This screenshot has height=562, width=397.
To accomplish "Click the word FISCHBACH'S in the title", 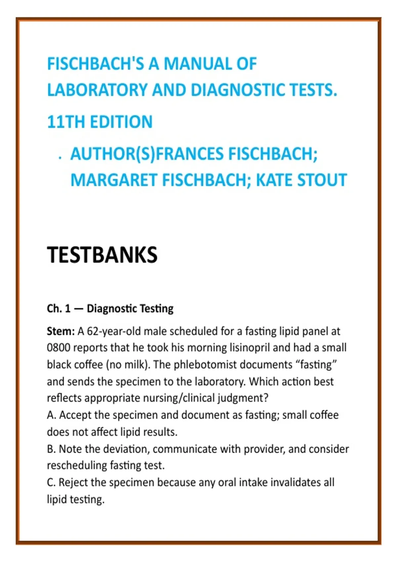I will [x=96, y=64].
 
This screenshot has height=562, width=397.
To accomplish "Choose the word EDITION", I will [x=121, y=122].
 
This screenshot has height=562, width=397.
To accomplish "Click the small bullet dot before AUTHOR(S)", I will [x=60, y=158].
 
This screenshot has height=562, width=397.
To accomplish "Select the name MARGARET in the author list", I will [x=114, y=180].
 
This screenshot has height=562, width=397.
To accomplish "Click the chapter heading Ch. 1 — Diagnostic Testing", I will [x=110, y=308].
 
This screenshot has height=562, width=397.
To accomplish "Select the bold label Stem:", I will [x=61, y=331].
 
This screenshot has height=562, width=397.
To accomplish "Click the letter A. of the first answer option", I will [x=51, y=415].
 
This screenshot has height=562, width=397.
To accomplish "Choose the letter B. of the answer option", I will [x=51, y=449].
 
